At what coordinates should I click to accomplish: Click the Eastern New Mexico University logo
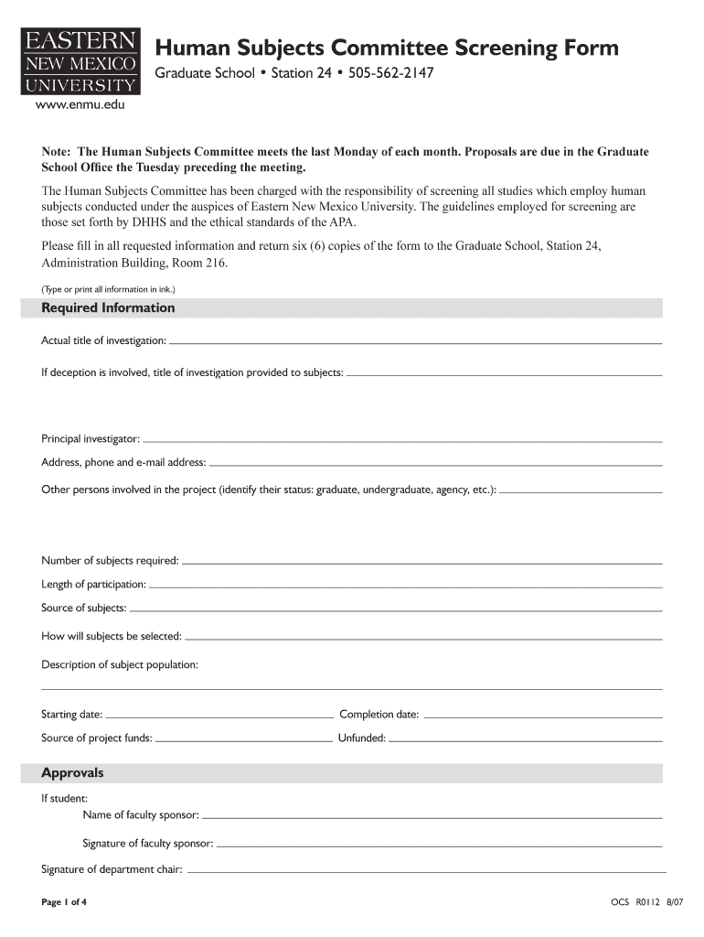point(80,61)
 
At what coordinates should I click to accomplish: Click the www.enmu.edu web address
point(80,106)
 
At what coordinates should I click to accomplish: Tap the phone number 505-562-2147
point(388,72)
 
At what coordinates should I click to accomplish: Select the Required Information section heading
point(108,308)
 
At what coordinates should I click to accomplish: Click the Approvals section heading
point(73,773)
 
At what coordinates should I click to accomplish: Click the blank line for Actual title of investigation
point(416,342)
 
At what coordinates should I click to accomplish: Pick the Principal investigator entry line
point(402,441)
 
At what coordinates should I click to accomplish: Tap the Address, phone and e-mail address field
point(435,464)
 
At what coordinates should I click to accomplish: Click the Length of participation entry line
point(405,586)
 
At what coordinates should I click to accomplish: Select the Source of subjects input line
point(396,609)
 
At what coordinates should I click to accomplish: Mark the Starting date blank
point(219,716)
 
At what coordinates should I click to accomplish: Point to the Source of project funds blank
point(243,739)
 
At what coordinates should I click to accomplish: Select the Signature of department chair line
point(425,870)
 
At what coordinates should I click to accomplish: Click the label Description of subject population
point(120,664)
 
